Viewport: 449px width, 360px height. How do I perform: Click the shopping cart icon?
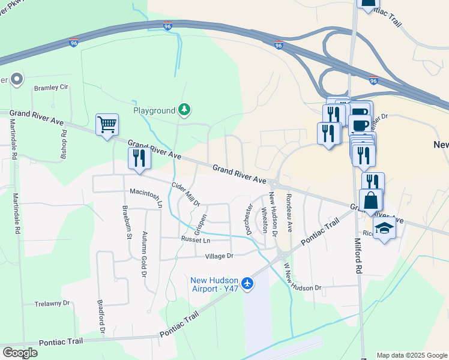(x=107, y=125)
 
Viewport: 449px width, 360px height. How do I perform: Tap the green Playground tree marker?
(x=185, y=110)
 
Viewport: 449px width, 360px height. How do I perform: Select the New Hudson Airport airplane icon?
(x=247, y=281)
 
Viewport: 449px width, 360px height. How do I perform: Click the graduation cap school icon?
(x=384, y=227)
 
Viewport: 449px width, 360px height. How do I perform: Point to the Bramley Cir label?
(x=52, y=88)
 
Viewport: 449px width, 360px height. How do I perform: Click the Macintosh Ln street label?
(x=146, y=197)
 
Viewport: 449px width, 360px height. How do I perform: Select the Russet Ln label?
(x=197, y=239)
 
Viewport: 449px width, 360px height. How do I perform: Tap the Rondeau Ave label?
(x=289, y=213)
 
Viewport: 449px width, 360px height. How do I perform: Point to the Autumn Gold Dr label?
(x=144, y=254)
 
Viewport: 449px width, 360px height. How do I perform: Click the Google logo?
(x=20, y=353)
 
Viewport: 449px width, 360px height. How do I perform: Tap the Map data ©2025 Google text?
(x=412, y=355)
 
